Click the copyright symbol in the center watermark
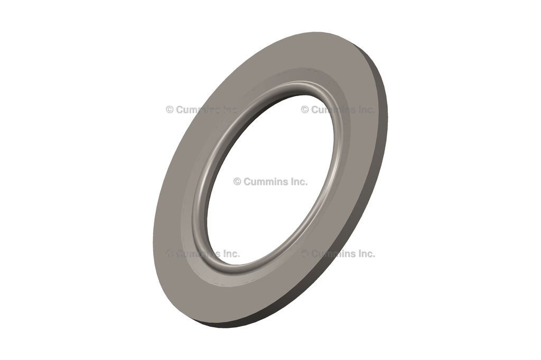point(237,182)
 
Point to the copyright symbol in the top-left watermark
point(170,110)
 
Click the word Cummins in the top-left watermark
point(198,110)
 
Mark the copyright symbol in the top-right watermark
point(305,110)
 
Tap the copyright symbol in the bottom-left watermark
point(170,253)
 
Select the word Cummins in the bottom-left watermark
point(198,253)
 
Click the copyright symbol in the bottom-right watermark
point(305,253)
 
